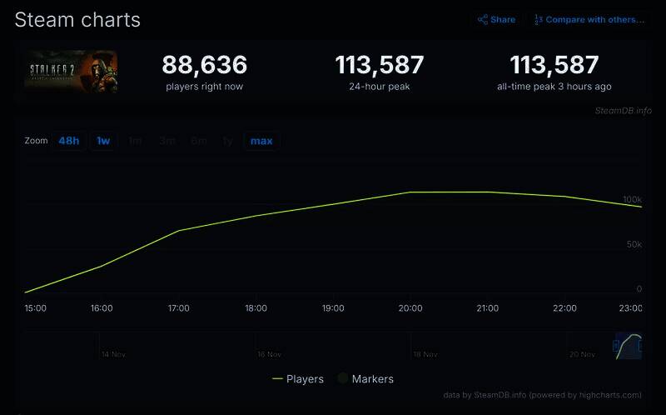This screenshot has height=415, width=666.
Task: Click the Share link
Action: [497, 19]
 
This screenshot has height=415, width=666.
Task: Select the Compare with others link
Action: [589, 19]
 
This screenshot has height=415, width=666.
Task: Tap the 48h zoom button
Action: [69, 141]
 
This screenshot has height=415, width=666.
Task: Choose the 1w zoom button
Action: [103, 141]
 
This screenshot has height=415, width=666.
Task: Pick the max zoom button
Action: [261, 141]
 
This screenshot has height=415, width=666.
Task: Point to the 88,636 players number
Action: [204, 65]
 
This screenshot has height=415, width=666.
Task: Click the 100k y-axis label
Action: [632, 200]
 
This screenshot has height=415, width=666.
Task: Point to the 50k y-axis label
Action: [634, 244]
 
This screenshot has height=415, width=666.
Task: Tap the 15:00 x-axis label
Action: [35, 308]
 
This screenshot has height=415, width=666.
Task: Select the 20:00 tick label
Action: [410, 308]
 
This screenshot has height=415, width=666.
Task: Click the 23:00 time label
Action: [631, 308]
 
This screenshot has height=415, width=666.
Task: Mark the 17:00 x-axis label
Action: [178, 308]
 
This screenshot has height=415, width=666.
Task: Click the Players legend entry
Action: [298, 379]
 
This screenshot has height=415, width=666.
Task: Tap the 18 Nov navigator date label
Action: [425, 354]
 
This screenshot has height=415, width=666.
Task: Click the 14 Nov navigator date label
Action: [113, 354]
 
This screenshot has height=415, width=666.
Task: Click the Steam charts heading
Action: [77, 20]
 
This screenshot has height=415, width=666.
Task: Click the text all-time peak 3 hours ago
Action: [554, 87]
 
